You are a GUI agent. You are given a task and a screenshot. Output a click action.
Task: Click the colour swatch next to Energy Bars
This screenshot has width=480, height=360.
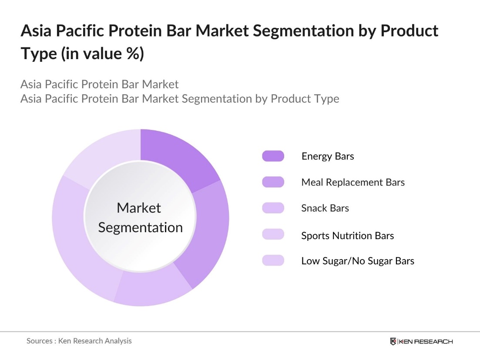coord(273,156)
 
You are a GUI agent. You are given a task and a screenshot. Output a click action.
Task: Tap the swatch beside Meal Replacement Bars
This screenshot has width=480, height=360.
coord(273,182)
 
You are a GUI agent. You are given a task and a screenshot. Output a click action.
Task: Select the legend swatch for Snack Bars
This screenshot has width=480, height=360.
coord(273,208)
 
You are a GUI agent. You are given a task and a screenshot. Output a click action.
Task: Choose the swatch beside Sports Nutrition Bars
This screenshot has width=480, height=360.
coord(273,235)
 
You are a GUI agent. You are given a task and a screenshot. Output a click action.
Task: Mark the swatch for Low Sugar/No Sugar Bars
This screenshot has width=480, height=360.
coord(273,261)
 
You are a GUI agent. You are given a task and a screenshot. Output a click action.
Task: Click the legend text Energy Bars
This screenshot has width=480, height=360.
coord(328,156)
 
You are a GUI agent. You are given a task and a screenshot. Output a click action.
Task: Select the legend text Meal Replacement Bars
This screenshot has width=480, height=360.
coord(353,182)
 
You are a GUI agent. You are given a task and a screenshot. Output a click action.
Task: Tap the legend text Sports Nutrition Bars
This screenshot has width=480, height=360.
coord(347,236)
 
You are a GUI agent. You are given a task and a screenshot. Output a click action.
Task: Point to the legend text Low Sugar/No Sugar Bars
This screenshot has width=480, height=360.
coord(358,261)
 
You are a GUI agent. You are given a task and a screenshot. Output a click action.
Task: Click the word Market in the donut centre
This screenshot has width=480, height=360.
coord(139,208)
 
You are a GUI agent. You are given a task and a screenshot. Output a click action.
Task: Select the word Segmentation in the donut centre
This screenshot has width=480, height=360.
coord(140,227)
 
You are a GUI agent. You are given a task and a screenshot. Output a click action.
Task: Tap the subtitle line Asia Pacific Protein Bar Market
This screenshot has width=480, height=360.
coord(100,84)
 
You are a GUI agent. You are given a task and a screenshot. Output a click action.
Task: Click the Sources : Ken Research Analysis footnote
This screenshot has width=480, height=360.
coord(79,341)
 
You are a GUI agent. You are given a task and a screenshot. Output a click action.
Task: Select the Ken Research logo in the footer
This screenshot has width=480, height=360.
coord(421,341)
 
